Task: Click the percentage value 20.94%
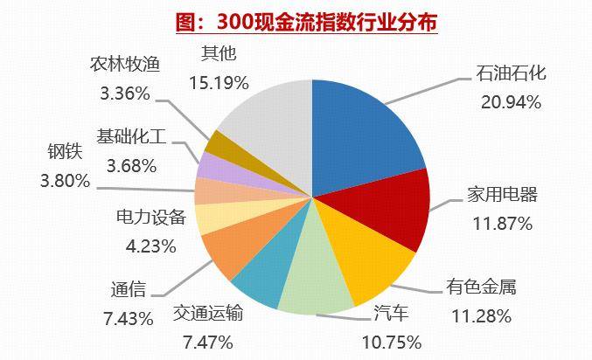click(512, 100)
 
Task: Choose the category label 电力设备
click(150, 218)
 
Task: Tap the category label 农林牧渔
click(126, 65)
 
